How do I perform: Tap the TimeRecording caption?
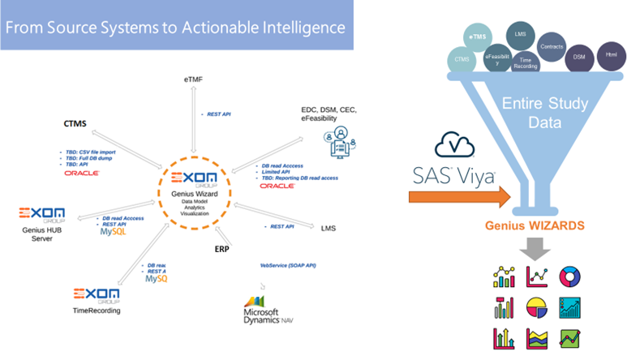97,311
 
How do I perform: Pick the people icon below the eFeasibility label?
341,141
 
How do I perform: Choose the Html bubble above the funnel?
610,55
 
